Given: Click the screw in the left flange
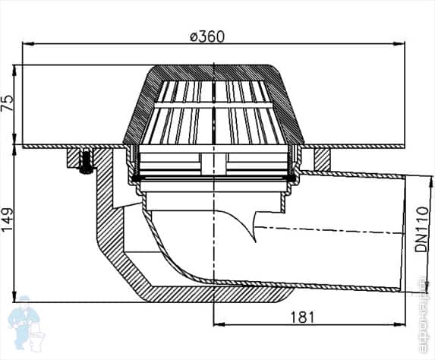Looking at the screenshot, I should coord(84,160).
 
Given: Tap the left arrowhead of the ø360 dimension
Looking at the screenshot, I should coord(27,44).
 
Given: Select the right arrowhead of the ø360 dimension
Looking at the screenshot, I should coord(401,44).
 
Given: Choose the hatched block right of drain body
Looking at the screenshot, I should coord(323,158).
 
